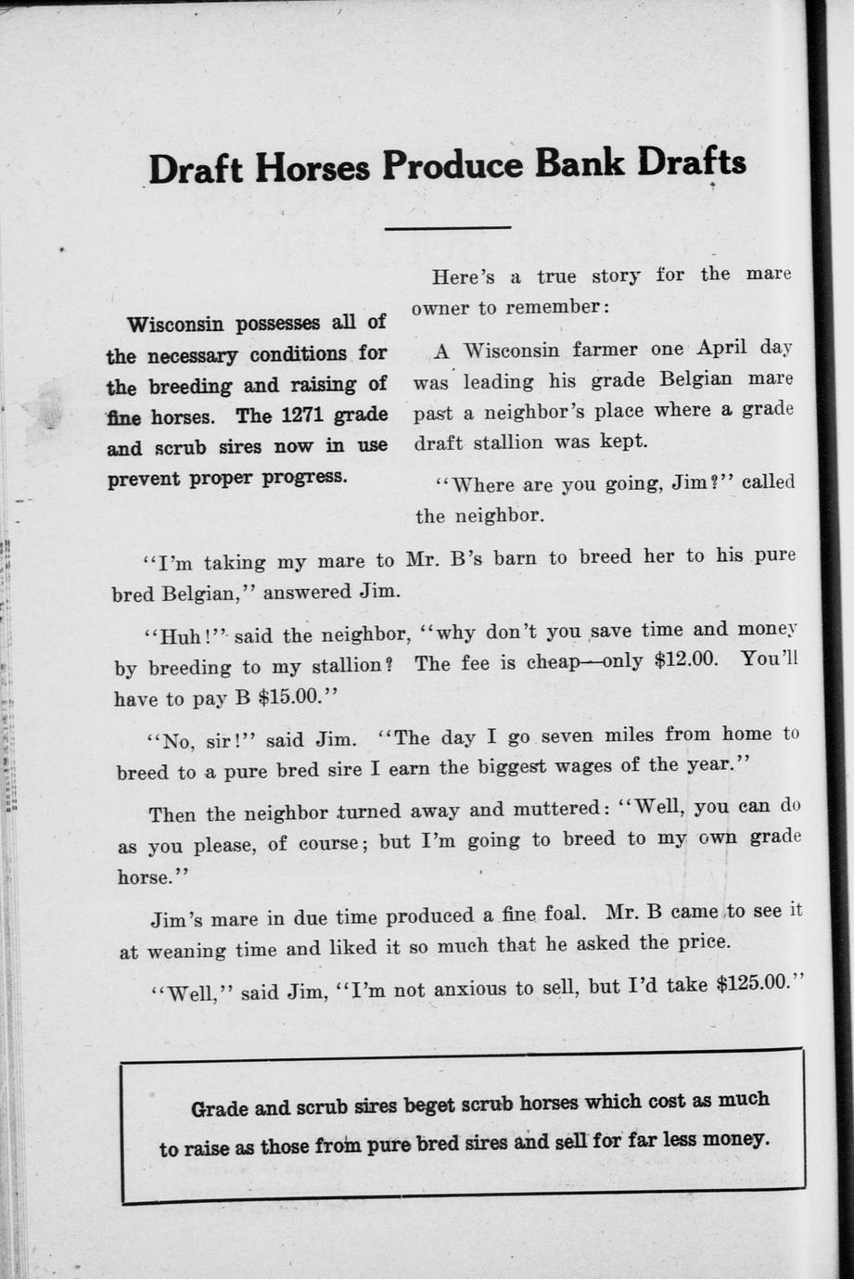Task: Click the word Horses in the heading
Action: pyautogui.click(x=312, y=168)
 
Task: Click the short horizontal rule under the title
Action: pyautogui.click(x=448, y=227)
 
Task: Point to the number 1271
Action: pyautogui.click(x=308, y=415)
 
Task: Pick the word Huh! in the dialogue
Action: pyautogui.click(x=188, y=638)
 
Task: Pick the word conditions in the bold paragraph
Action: pyautogui.click(x=298, y=354)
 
